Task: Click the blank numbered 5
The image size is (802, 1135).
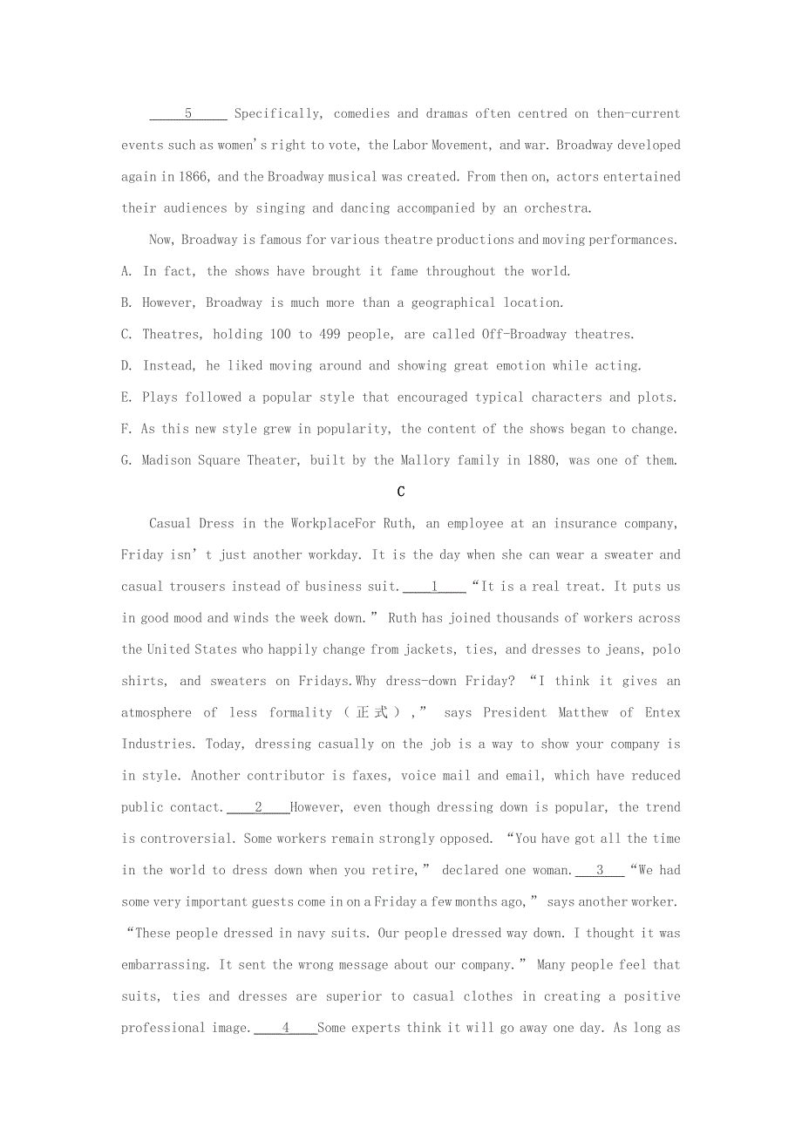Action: pos(188,114)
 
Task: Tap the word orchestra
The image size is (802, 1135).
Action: pos(556,208)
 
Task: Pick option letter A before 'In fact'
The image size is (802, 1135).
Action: pos(126,271)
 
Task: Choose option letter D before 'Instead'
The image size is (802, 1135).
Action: pos(126,366)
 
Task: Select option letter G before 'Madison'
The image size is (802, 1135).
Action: pos(126,460)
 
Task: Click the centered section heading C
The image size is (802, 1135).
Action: pos(401,492)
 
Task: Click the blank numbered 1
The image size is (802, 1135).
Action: pos(434,587)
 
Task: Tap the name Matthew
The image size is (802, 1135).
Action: pos(583,713)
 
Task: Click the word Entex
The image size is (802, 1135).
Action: pos(663,713)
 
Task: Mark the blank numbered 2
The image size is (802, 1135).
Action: pos(258,807)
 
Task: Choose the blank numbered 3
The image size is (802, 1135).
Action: pos(600,870)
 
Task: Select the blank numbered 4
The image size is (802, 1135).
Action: pos(285,1028)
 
